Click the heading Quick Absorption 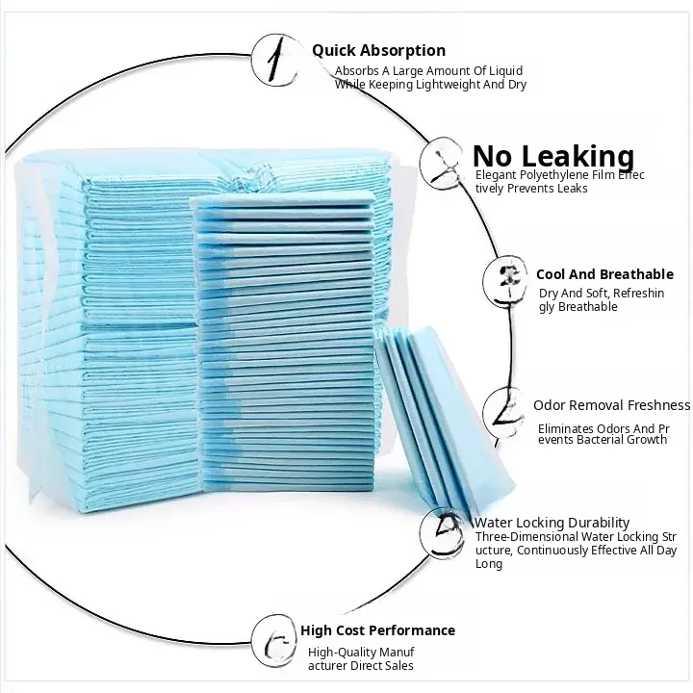[x=378, y=51]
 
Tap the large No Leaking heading [x=553, y=156]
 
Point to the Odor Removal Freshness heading [x=611, y=405]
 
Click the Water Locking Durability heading [x=552, y=523]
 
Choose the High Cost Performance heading [x=377, y=630]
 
